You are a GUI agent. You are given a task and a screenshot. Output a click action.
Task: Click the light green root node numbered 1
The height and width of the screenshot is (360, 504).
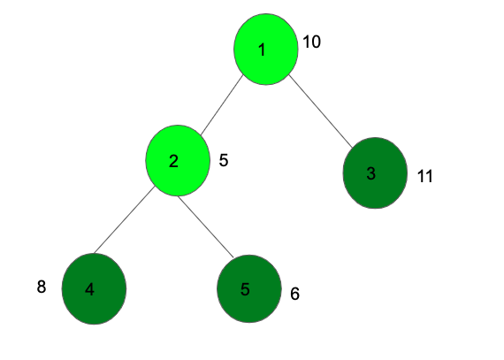tap(266, 50)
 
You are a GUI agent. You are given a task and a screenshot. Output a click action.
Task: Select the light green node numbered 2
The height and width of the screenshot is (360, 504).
tap(178, 160)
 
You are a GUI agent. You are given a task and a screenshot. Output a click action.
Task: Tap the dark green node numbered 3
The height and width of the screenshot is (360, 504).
tap(375, 173)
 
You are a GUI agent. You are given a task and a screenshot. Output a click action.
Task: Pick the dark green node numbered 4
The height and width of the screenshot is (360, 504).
tap(94, 288)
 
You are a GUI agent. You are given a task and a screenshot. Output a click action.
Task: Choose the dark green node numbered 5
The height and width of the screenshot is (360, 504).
tap(249, 288)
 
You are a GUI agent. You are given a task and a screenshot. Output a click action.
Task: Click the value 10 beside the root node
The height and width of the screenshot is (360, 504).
tap(311, 42)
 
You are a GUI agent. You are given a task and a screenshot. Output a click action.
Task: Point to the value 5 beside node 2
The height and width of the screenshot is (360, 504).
tap(224, 160)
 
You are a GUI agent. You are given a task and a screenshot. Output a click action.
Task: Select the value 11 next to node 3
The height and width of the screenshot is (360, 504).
tap(425, 176)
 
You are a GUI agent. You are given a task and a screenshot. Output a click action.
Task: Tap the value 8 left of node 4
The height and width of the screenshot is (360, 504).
tap(42, 287)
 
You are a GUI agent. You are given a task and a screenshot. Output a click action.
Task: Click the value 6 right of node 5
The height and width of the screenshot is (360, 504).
tap(295, 294)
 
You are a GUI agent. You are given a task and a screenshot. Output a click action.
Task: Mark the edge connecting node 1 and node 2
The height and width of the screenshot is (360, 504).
tap(222, 104)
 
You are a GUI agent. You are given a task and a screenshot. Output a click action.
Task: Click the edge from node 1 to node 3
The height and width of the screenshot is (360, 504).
tap(320, 111)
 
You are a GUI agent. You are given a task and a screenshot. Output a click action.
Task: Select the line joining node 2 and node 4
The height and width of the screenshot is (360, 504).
tap(125, 219)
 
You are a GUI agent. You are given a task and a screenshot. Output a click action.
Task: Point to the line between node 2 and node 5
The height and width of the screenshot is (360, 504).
tap(206, 226)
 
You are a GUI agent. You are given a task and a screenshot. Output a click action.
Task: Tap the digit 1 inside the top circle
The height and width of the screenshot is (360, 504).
tap(263, 50)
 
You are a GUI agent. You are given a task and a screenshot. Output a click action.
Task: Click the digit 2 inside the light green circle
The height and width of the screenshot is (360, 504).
tap(173, 161)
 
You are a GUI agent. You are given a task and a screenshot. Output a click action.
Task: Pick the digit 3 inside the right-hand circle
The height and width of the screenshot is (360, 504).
tap(371, 173)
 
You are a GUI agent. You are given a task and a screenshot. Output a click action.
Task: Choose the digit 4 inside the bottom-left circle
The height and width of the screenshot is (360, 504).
tap(89, 289)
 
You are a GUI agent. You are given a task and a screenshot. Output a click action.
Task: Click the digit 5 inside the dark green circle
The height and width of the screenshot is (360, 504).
tap(245, 289)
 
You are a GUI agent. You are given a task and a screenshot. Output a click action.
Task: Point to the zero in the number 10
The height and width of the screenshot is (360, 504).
tap(316, 42)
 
